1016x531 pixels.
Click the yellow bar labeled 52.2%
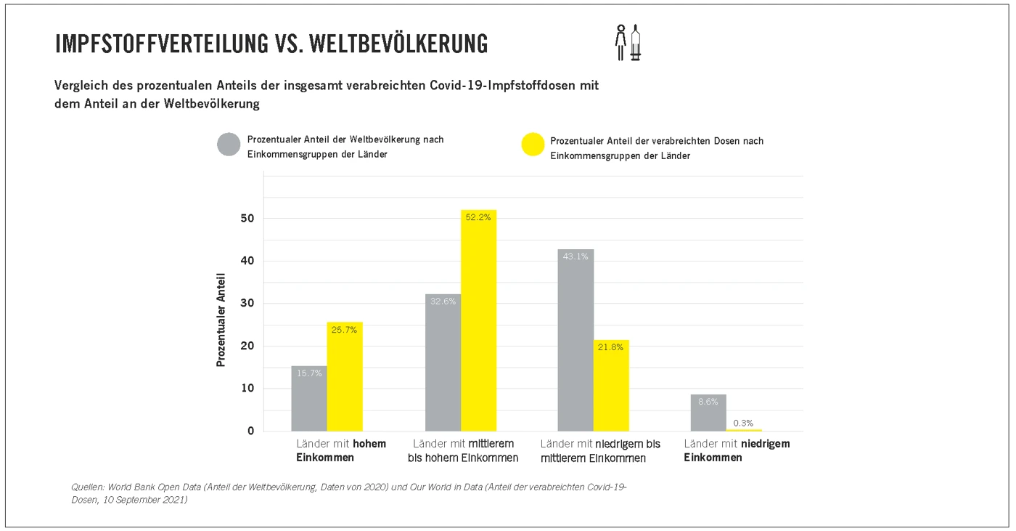point(478,320)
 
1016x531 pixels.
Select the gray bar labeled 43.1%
point(575,340)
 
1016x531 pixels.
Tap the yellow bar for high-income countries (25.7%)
point(345,376)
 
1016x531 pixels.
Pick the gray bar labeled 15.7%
point(309,398)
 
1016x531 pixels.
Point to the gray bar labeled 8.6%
point(708,413)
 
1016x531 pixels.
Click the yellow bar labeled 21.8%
point(611,385)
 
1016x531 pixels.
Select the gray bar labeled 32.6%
point(443,362)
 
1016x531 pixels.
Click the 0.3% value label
point(744,423)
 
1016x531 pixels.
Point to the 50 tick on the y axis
point(248,219)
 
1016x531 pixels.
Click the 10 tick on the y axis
point(248,389)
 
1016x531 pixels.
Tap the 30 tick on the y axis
point(248,304)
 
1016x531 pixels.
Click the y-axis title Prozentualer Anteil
point(221,320)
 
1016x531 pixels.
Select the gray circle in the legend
point(229,145)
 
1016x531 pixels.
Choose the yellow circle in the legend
point(533,145)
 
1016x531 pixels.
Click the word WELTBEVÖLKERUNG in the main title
point(398,44)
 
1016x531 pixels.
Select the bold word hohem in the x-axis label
point(369,443)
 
